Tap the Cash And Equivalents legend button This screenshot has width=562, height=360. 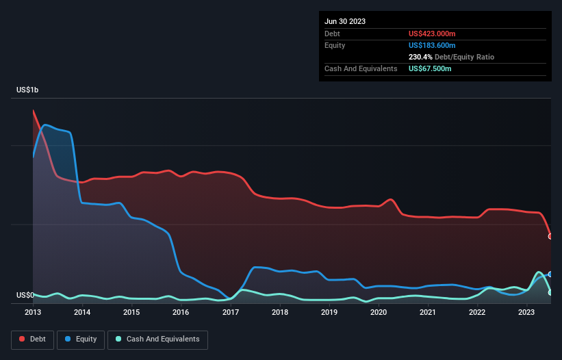tap(157, 339)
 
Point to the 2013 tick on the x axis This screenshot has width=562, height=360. tap(33, 312)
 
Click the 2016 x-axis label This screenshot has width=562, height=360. tap(181, 312)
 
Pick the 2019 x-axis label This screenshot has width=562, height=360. tap(329, 312)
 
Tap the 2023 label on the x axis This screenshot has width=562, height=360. tap(526, 312)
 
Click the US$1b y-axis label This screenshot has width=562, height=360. tap(29, 90)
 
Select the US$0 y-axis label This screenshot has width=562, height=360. tap(25, 295)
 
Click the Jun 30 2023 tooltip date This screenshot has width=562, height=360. tap(345, 21)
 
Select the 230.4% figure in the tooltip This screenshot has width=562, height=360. tap(420, 57)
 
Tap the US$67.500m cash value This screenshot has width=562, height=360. tap(430, 69)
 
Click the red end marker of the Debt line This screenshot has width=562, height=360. tap(550, 236)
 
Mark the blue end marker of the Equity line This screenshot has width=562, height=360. tap(550, 274)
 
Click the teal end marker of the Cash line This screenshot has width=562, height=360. tap(550, 292)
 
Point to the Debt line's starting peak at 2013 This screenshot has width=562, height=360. tap(34, 110)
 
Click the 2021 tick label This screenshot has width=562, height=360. tap(428, 312)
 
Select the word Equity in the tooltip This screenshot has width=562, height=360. tap(335, 45)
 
